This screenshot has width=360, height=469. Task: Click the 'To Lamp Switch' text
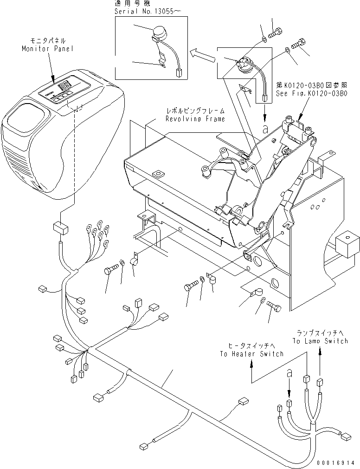320,341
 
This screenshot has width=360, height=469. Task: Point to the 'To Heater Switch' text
251,354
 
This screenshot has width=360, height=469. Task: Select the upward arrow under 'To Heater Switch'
251,370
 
